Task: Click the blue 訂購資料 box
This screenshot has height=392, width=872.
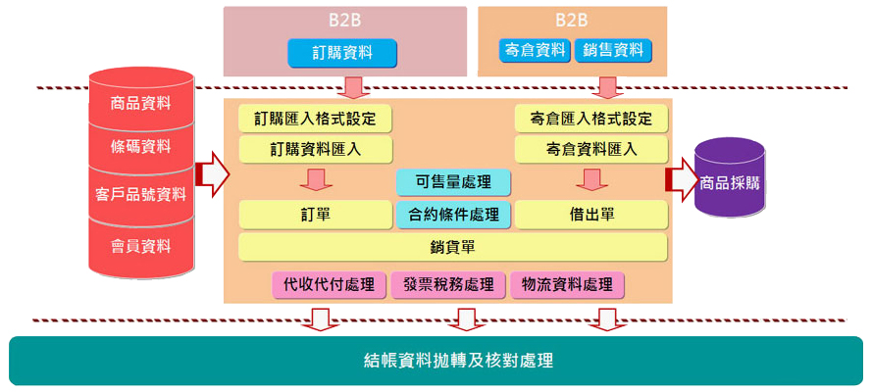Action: pyautogui.click(x=342, y=53)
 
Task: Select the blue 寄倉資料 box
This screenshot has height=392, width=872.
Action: pyautogui.click(x=534, y=50)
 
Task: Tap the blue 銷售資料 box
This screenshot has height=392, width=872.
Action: pyautogui.click(x=613, y=50)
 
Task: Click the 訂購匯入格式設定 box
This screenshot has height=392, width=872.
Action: pyautogui.click(x=315, y=119)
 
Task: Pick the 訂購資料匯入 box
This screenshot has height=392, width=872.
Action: pyautogui.click(x=315, y=150)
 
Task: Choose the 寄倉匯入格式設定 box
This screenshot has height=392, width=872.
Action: pyautogui.click(x=591, y=119)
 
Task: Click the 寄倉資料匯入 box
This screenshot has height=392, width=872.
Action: pyautogui.click(x=591, y=150)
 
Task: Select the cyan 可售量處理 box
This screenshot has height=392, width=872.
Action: pyautogui.click(x=453, y=182)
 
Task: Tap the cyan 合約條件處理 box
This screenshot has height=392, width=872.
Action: pyautogui.click(x=453, y=214)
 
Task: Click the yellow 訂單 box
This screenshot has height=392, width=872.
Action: pyautogui.click(x=315, y=214)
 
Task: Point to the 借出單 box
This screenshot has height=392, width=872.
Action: pyautogui.click(x=591, y=214)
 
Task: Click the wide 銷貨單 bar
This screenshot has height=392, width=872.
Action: pyautogui.click(x=453, y=246)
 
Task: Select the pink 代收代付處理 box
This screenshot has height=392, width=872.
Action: pyautogui.click(x=329, y=285)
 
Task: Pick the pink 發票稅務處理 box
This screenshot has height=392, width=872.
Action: pyautogui.click(x=448, y=285)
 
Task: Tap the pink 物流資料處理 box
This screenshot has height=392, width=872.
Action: pyautogui.click(x=568, y=285)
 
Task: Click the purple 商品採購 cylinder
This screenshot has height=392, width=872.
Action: pyautogui.click(x=730, y=181)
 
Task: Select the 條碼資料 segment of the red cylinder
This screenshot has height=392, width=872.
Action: pyautogui.click(x=141, y=147)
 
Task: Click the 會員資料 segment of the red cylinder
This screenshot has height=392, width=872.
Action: pyautogui.click(x=141, y=245)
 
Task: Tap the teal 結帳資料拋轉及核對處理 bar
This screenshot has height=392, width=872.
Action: pyautogui.click(x=436, y=361)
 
